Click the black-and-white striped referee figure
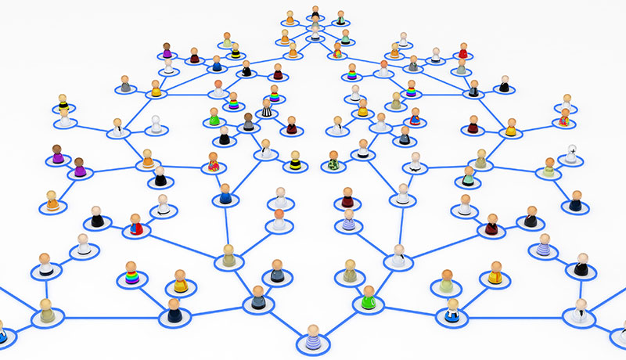tap(267, 109)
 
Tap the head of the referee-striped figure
tap(267, 102)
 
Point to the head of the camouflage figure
tap(335, 154)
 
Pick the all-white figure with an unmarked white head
tap(156, 125)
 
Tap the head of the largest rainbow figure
tap(131, 266)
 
